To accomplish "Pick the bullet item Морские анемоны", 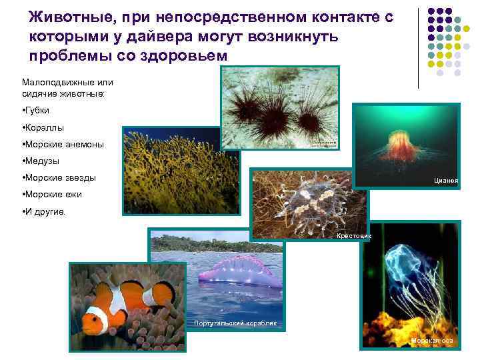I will pos(63,143).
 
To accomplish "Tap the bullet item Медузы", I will pos(42,161).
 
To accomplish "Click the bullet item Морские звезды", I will pos(59,178).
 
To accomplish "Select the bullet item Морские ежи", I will pos(53,195).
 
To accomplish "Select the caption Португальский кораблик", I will pos(236,323).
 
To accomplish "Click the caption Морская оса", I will pos(432,341).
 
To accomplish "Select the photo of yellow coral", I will pos(171,169).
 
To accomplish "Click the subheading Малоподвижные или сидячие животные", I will pos(67,87).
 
